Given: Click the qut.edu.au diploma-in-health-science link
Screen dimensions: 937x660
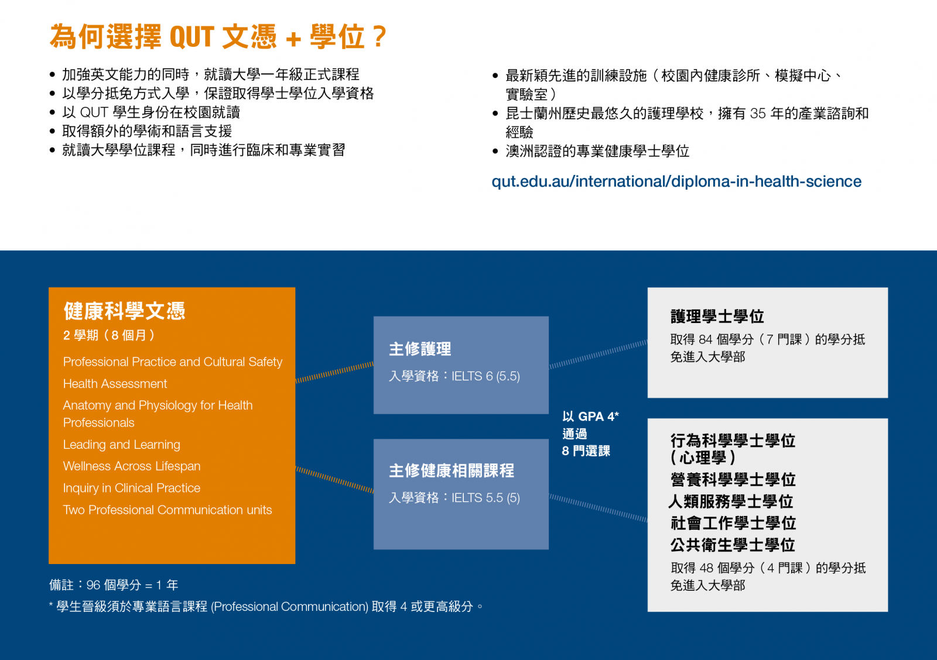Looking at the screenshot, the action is (x=676, y=182).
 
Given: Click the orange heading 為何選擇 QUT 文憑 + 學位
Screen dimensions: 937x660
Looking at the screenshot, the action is (x=217, y=37).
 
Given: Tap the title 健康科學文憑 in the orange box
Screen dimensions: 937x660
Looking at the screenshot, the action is (x=124, y=311).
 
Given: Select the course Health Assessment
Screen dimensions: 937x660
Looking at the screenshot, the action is (x=115, y=384).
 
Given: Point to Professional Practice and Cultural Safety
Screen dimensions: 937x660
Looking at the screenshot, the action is (x=173, y=362).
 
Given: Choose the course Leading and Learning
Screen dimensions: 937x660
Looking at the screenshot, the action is (x=122, y=444).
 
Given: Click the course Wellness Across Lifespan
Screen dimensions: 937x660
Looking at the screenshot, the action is (x=132, y=466).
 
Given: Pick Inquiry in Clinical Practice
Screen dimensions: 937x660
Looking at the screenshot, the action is (x=132, y=488).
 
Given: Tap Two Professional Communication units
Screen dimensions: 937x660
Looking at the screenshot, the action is (x=167, y=510).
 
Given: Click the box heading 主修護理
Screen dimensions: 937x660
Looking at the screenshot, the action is (x=420, y=349).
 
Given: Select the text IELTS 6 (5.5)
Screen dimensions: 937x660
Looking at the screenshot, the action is (x=485, y=376).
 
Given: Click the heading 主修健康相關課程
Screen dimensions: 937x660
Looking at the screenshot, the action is (x=452, y=470).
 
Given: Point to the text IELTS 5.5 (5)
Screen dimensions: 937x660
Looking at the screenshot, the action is (x=485, y=498).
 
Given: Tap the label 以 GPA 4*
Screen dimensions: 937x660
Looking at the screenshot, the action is (x=590, y=417).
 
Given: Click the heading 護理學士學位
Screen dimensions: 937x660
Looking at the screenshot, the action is (x=717, y=317).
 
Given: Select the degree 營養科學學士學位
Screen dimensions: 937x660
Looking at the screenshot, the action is (x=733, y=479).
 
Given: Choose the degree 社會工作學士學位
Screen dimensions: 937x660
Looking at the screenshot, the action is (x=733, y=523).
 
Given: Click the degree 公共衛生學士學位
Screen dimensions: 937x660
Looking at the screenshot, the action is (x=733, y=545).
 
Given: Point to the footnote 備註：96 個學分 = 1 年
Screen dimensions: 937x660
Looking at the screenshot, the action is (x=114, y=585).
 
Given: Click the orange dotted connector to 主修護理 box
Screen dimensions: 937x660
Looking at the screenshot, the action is (x=334, y=372).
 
